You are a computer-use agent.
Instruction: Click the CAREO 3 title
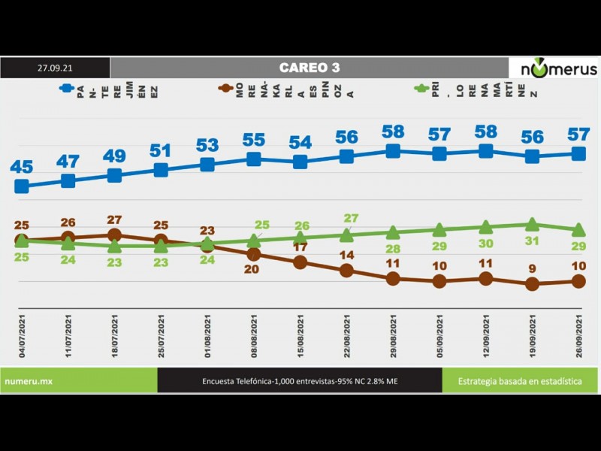[309, 68]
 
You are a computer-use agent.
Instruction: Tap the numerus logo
[554, 68]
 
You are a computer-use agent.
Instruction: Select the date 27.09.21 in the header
[55, 68]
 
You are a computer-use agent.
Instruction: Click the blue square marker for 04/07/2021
[22, 186]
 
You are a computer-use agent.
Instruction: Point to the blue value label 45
[22, 166]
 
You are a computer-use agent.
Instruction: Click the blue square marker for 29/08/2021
[393, 151]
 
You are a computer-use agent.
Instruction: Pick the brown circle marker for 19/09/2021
[533, 284]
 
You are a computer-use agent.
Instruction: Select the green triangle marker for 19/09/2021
[533, 224]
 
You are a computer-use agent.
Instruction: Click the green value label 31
[533, 241]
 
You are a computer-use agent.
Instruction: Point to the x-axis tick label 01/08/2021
[208, 338]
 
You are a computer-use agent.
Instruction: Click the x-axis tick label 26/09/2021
[579, 338]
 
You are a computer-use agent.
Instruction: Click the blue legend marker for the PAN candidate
[66, 88]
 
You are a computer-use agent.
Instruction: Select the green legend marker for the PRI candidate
[421, 88]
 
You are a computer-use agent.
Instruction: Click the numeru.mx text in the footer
[29, 381]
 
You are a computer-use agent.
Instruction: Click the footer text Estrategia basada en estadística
[520, 381]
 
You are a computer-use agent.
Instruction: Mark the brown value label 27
[115, 219]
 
